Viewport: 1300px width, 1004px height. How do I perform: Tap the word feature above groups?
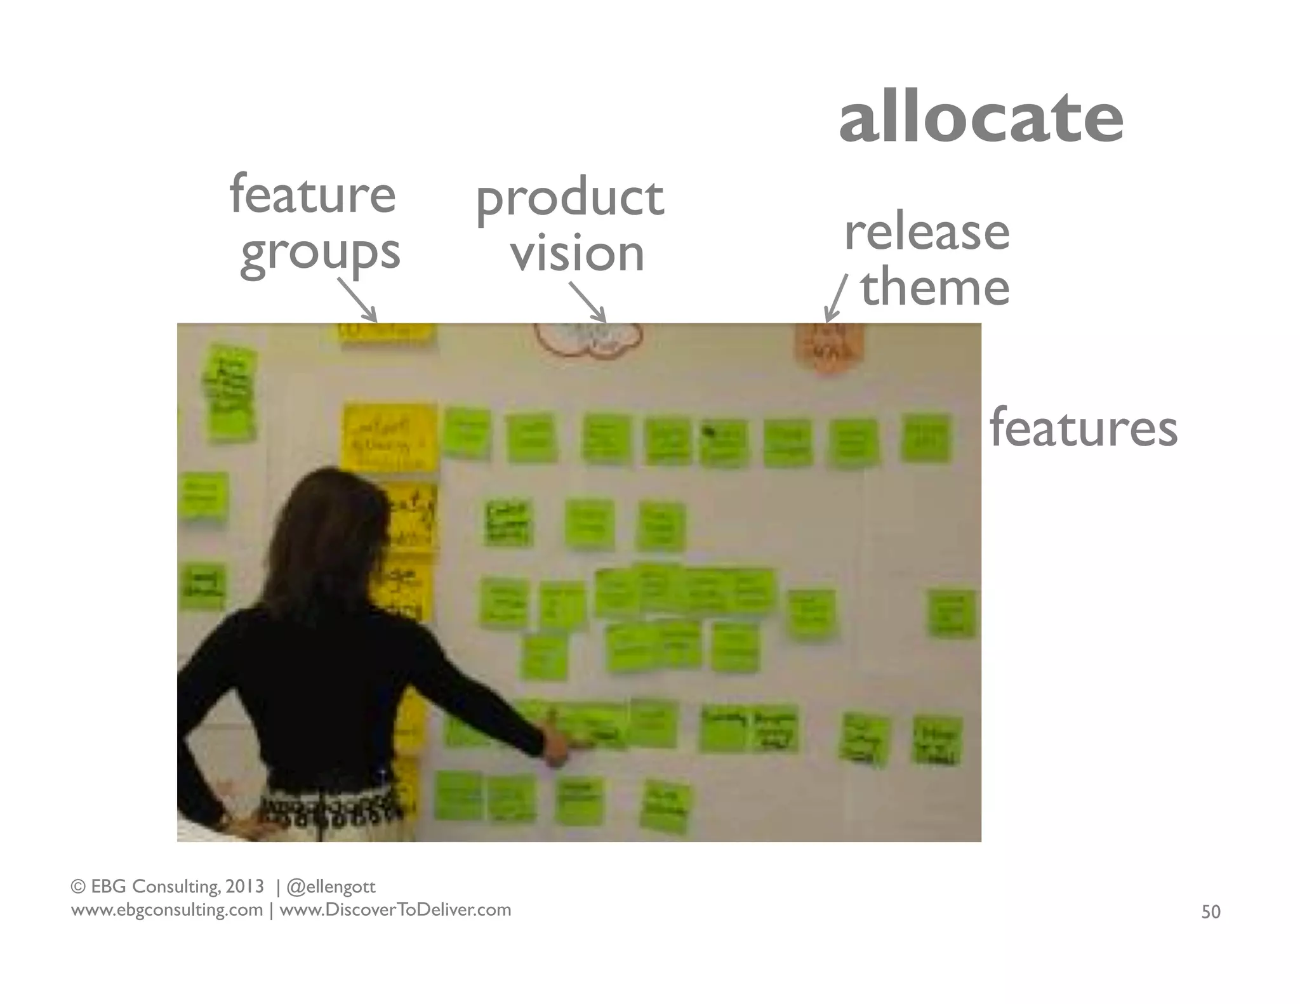[312, 194]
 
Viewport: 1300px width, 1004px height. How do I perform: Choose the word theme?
[934, 287]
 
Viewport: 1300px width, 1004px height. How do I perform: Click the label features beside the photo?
[1083, 428]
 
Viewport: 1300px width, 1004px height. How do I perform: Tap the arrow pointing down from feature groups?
[357, 301]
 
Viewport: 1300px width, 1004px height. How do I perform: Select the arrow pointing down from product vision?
[588, 302]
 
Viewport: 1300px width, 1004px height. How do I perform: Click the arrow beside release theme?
[835, 298]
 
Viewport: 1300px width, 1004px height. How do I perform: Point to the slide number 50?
[1210, 912]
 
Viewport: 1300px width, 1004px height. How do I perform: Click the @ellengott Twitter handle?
[331, 886]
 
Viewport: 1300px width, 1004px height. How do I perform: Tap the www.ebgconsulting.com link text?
[167, 910]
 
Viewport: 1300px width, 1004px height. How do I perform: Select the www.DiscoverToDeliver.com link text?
[395, 910]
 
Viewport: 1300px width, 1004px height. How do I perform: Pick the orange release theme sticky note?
[828, 347]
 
